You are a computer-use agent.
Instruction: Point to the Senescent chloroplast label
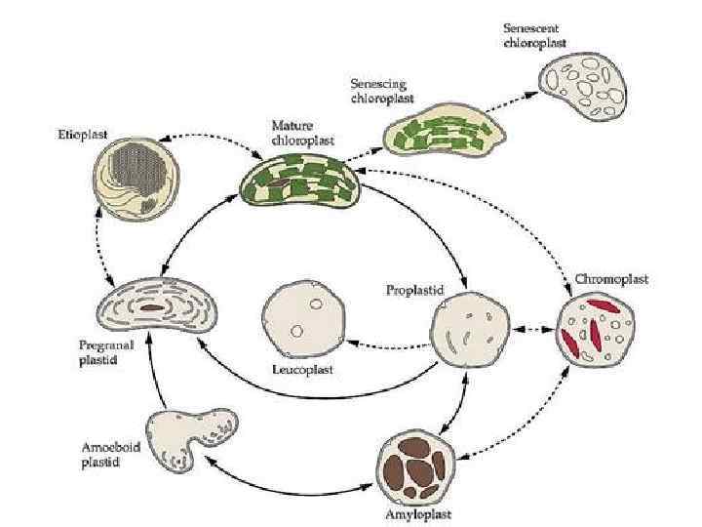(x=532, y=36)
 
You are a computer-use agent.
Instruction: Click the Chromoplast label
(x=611, y=279)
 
